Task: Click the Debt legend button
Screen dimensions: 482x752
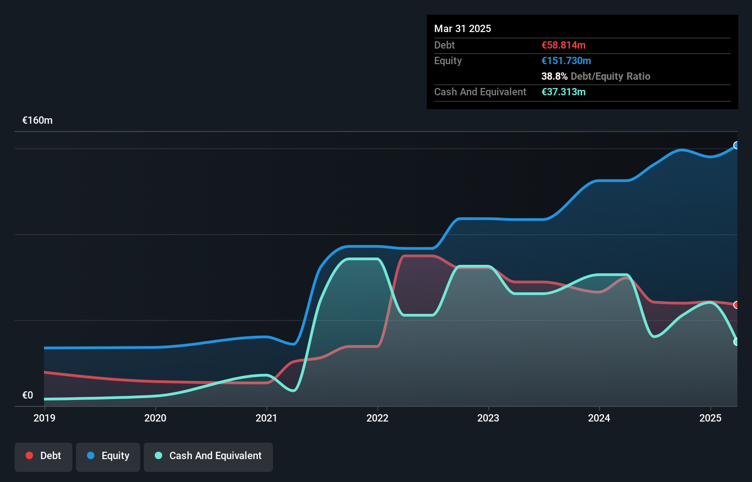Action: pos(44,456)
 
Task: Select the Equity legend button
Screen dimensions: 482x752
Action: pos(108,456)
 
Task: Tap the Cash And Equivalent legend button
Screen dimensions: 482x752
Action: pos(208,456)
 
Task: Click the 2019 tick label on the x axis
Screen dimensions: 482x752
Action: pos(44,418)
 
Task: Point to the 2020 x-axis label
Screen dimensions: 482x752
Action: pos(155,418)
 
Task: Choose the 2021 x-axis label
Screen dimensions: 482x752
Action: pos(267,418)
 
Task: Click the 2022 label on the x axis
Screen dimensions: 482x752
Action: pos(377,418)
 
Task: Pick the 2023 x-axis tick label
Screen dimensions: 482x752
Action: pos(488,418)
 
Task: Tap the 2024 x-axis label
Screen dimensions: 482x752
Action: pos(599,418)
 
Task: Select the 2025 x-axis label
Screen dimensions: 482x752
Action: pos(710,418)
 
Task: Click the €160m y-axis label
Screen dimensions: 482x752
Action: pos(38,120)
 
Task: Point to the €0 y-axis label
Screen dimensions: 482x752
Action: pos(27,395)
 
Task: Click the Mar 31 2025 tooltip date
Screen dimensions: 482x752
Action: pos(463,28)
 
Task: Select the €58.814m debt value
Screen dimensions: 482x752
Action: pos(563,45)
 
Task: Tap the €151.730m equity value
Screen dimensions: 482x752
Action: pos(566,60)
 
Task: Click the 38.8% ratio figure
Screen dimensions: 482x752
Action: pos(554,76)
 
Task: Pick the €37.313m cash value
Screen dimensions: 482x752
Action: pos(563,92)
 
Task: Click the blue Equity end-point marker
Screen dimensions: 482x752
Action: pos(736,145)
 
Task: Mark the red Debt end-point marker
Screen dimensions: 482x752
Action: pos(736,305)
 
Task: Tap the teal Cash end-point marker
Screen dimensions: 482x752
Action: pos(736,342)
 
